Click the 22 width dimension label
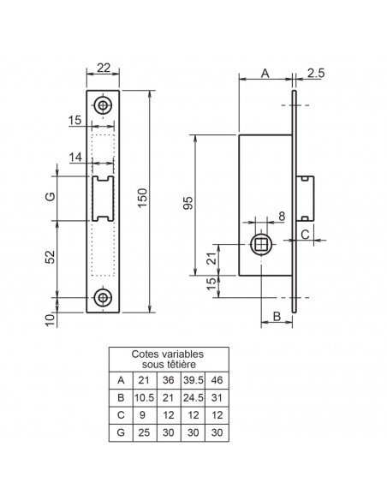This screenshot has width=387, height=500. tap(104, 68)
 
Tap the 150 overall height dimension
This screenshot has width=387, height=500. tap(143, 198)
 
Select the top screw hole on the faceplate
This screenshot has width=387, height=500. tap(103, 105)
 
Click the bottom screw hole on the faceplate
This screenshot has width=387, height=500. tap(103, 297)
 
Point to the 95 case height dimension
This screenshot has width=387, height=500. tap(188, 203)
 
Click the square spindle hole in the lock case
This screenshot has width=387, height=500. tap(261, 244)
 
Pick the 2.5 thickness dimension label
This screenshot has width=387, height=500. tap(316, 73)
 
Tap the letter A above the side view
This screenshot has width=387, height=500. tap(265, 73)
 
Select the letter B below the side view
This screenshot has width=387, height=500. tap(277, 316)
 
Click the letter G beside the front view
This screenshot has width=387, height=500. tap(51, 196)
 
